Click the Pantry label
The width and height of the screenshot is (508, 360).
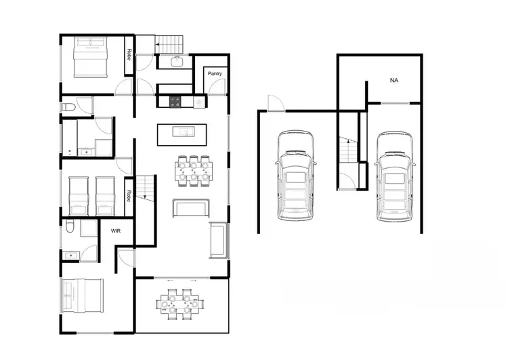coord(215,73)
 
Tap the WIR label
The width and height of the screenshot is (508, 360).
coord(115,231)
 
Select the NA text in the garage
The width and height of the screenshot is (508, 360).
coord(394,80)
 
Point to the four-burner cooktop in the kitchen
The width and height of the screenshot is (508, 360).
coord(175,102)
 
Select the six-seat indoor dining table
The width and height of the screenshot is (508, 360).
coord(194,171)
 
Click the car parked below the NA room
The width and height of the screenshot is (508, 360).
coord(394,176)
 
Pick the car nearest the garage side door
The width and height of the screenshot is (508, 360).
coord(295,176)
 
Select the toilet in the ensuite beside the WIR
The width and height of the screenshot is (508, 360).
coord(71,231)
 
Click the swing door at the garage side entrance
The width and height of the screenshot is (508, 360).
coord(276,103)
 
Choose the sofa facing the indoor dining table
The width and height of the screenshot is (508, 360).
coord(190,208)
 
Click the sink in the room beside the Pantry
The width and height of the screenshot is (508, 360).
coord(176,62)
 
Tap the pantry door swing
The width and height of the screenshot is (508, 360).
coord(215,87)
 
